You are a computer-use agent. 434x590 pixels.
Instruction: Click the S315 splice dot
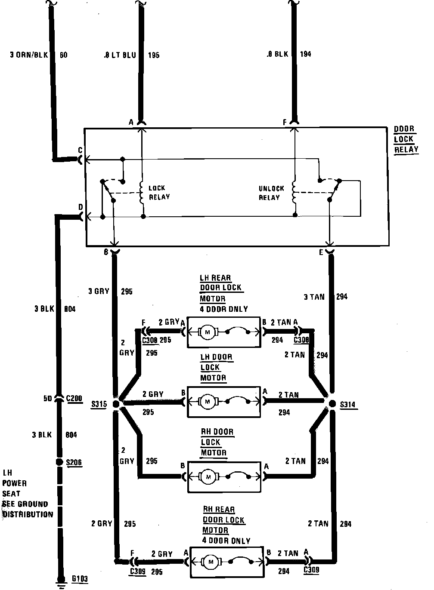click(x=115, y=404)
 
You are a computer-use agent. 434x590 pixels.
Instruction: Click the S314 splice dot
click(x=332, y=403)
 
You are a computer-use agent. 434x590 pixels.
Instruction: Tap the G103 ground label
click(x=80, y=578)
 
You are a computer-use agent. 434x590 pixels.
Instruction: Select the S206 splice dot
click(x=60, y=462)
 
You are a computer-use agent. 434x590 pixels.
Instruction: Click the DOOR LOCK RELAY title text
click(x=406, y=139)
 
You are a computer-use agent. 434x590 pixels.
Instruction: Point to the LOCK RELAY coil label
click(x=159, y=193)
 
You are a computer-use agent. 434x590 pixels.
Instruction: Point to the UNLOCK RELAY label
click(x=271, y=193)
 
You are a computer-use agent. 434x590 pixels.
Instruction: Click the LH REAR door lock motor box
click(x=223, y=332)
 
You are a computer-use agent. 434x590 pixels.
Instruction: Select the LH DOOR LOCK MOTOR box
click(x=223, y=402)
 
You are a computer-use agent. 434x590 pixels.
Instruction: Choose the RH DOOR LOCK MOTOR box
click(x=223, y=477)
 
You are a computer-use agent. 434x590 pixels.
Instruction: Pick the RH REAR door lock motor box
click(x=226, y=562)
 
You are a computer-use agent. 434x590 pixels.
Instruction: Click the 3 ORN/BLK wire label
click(x=30, y=55)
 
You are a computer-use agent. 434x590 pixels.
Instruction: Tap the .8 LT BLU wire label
click(x=120, y=55)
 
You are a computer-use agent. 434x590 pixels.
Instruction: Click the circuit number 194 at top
click(x=305, y=54)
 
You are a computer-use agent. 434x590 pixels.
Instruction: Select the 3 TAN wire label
click(x=314, y=297)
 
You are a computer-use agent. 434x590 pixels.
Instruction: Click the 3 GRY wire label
click(x=99, y=292)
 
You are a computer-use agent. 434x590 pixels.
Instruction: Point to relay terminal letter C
click(x=80, y=151)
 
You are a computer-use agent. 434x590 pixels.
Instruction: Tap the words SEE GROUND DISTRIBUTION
click(x=28, y=509)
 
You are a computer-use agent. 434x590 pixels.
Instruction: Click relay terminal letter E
click(x=321, y=253)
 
